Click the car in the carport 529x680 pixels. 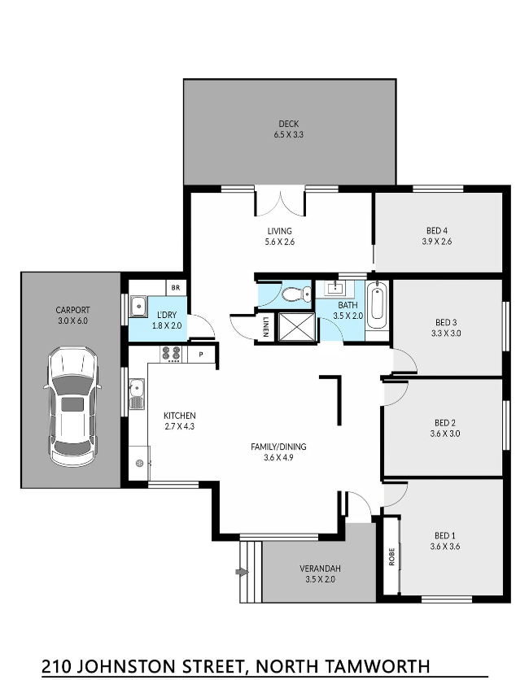click(72, 407)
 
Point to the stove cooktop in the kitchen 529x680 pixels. click(171, 354)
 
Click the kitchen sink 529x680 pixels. click(137, 393)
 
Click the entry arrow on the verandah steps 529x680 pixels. click(242, 573)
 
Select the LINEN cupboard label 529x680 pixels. click(265, 327)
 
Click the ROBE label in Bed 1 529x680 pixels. click(391, 556)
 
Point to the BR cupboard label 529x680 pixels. click(175, 287)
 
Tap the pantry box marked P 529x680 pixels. click(201, 355)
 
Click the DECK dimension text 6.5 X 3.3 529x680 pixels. click(289, 134)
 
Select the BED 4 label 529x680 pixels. click(437, 231)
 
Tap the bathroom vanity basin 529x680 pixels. click(334, 287)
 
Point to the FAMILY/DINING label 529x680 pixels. click(278, 447)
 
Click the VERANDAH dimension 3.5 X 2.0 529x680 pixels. click(321, 579)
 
